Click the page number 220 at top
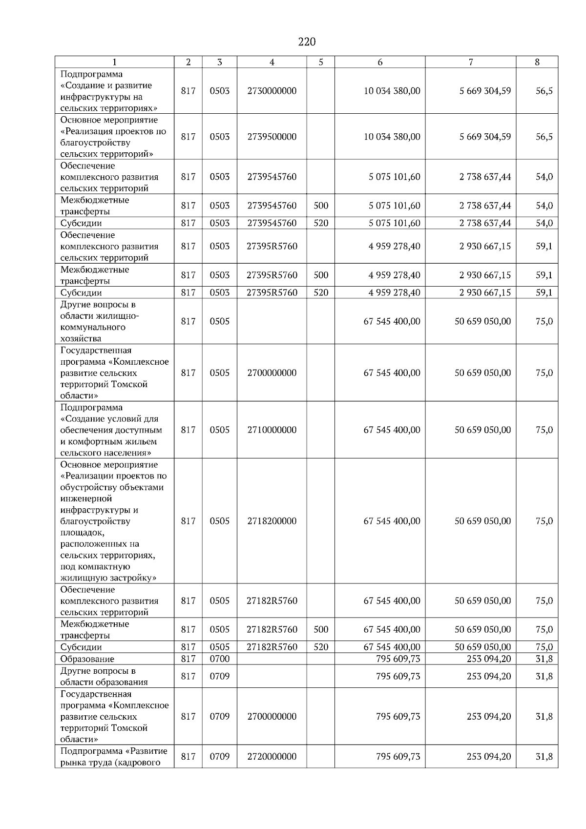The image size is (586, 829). pyautogui.click(x=307, y=42)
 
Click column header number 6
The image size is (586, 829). pyautogui.click(x=380, y=62)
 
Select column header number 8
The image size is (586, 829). pyautogui.click(x=537, y=62)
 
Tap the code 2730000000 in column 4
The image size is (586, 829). pyautogui.click(x=272, y=91)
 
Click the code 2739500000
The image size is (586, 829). pyautogui.click(x=272, y=137)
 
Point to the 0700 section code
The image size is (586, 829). pyautogui.click(x=219, y=659)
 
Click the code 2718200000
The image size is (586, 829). pyautogui.click(x=272, y=521)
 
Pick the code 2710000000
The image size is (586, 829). pyautogui.click(x=272, y=430)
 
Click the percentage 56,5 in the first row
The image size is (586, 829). pyautogui.click(x=544, y=91)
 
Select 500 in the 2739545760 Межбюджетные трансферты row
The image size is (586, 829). pyautogui.click(x=321, y=206)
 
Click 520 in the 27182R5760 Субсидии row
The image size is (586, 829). pyautogui.click(x=321, y=647)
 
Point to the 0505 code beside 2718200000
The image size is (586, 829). pyautogui.click(x=219, y=521)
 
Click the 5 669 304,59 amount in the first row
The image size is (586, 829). pyautogui.click(x=484, y=91)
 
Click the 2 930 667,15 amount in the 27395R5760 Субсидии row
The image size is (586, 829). pyautogui.click(x=484, y=292)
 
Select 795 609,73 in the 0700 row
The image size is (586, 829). pyautogui.click(x=398, y=659)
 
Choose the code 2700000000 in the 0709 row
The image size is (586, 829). pyautogui.click(x=272, y=716)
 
